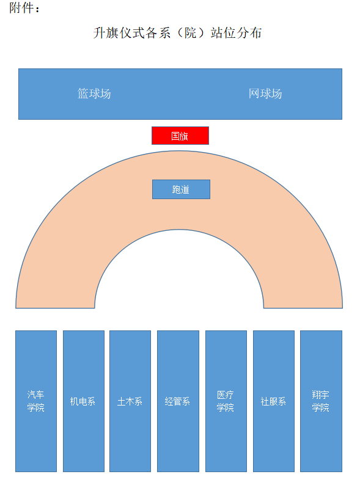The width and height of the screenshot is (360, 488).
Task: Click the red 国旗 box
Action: tap(180, 136)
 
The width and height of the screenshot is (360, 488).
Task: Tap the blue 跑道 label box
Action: tap(181, 189)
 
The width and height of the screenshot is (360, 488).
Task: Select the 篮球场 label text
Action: tap(94, 93)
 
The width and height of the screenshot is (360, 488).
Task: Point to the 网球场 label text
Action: tap(265, 93)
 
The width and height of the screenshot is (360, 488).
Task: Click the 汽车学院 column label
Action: tap(36, 401)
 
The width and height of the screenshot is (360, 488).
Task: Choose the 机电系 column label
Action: tap(83, 401)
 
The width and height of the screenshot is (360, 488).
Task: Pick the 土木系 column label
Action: tap(130, 401)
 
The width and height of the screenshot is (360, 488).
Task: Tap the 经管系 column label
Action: tap(177, 401)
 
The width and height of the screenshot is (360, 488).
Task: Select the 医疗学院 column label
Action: tap(225, 401)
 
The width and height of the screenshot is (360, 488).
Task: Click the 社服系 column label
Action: tap(273, 401)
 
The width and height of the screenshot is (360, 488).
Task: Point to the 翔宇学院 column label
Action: tap(320, 401)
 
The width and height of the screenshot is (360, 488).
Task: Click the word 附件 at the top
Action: tap(21, 8)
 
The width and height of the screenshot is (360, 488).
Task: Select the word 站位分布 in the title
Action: tap(236, 33)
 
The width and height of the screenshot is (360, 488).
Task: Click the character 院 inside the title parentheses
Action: tap(191, 33)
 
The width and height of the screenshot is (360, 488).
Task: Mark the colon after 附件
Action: tap(37, 9)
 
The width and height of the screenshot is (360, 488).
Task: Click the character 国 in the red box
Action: tap(175, 136)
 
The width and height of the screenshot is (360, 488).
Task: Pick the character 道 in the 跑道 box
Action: tap(185, 189)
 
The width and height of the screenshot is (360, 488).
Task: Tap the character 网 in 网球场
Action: tap(254, 93)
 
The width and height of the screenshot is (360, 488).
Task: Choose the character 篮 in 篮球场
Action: tap(83, 93)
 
